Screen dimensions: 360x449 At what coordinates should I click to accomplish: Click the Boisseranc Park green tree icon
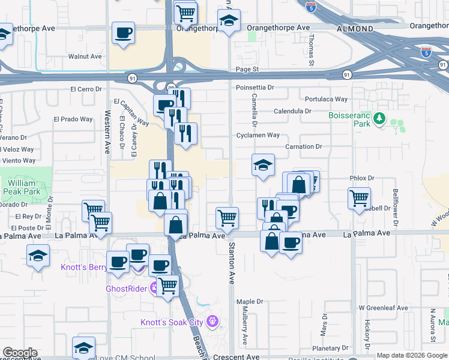coord(379,119)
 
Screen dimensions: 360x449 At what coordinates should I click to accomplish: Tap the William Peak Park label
coord(23,188)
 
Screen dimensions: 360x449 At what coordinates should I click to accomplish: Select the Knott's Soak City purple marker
coord(211,322)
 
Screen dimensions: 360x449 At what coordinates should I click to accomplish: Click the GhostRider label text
coord(127,288)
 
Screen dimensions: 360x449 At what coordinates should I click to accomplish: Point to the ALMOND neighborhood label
coord(355,29)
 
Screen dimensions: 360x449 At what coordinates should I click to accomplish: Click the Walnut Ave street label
coord(85,56)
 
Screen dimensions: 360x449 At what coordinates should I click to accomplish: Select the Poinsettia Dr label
coord(255,88)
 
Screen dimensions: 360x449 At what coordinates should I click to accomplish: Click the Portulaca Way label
coord(326,99)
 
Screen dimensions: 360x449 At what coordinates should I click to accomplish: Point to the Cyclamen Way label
coord(258,135)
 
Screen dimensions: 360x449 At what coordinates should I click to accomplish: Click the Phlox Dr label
coord(362,178)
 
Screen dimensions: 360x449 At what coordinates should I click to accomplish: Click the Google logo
coord(20,353)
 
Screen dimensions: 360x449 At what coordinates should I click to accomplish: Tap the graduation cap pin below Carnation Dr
coord(262,166)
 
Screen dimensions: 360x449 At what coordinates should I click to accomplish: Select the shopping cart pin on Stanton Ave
coord(227,218)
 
